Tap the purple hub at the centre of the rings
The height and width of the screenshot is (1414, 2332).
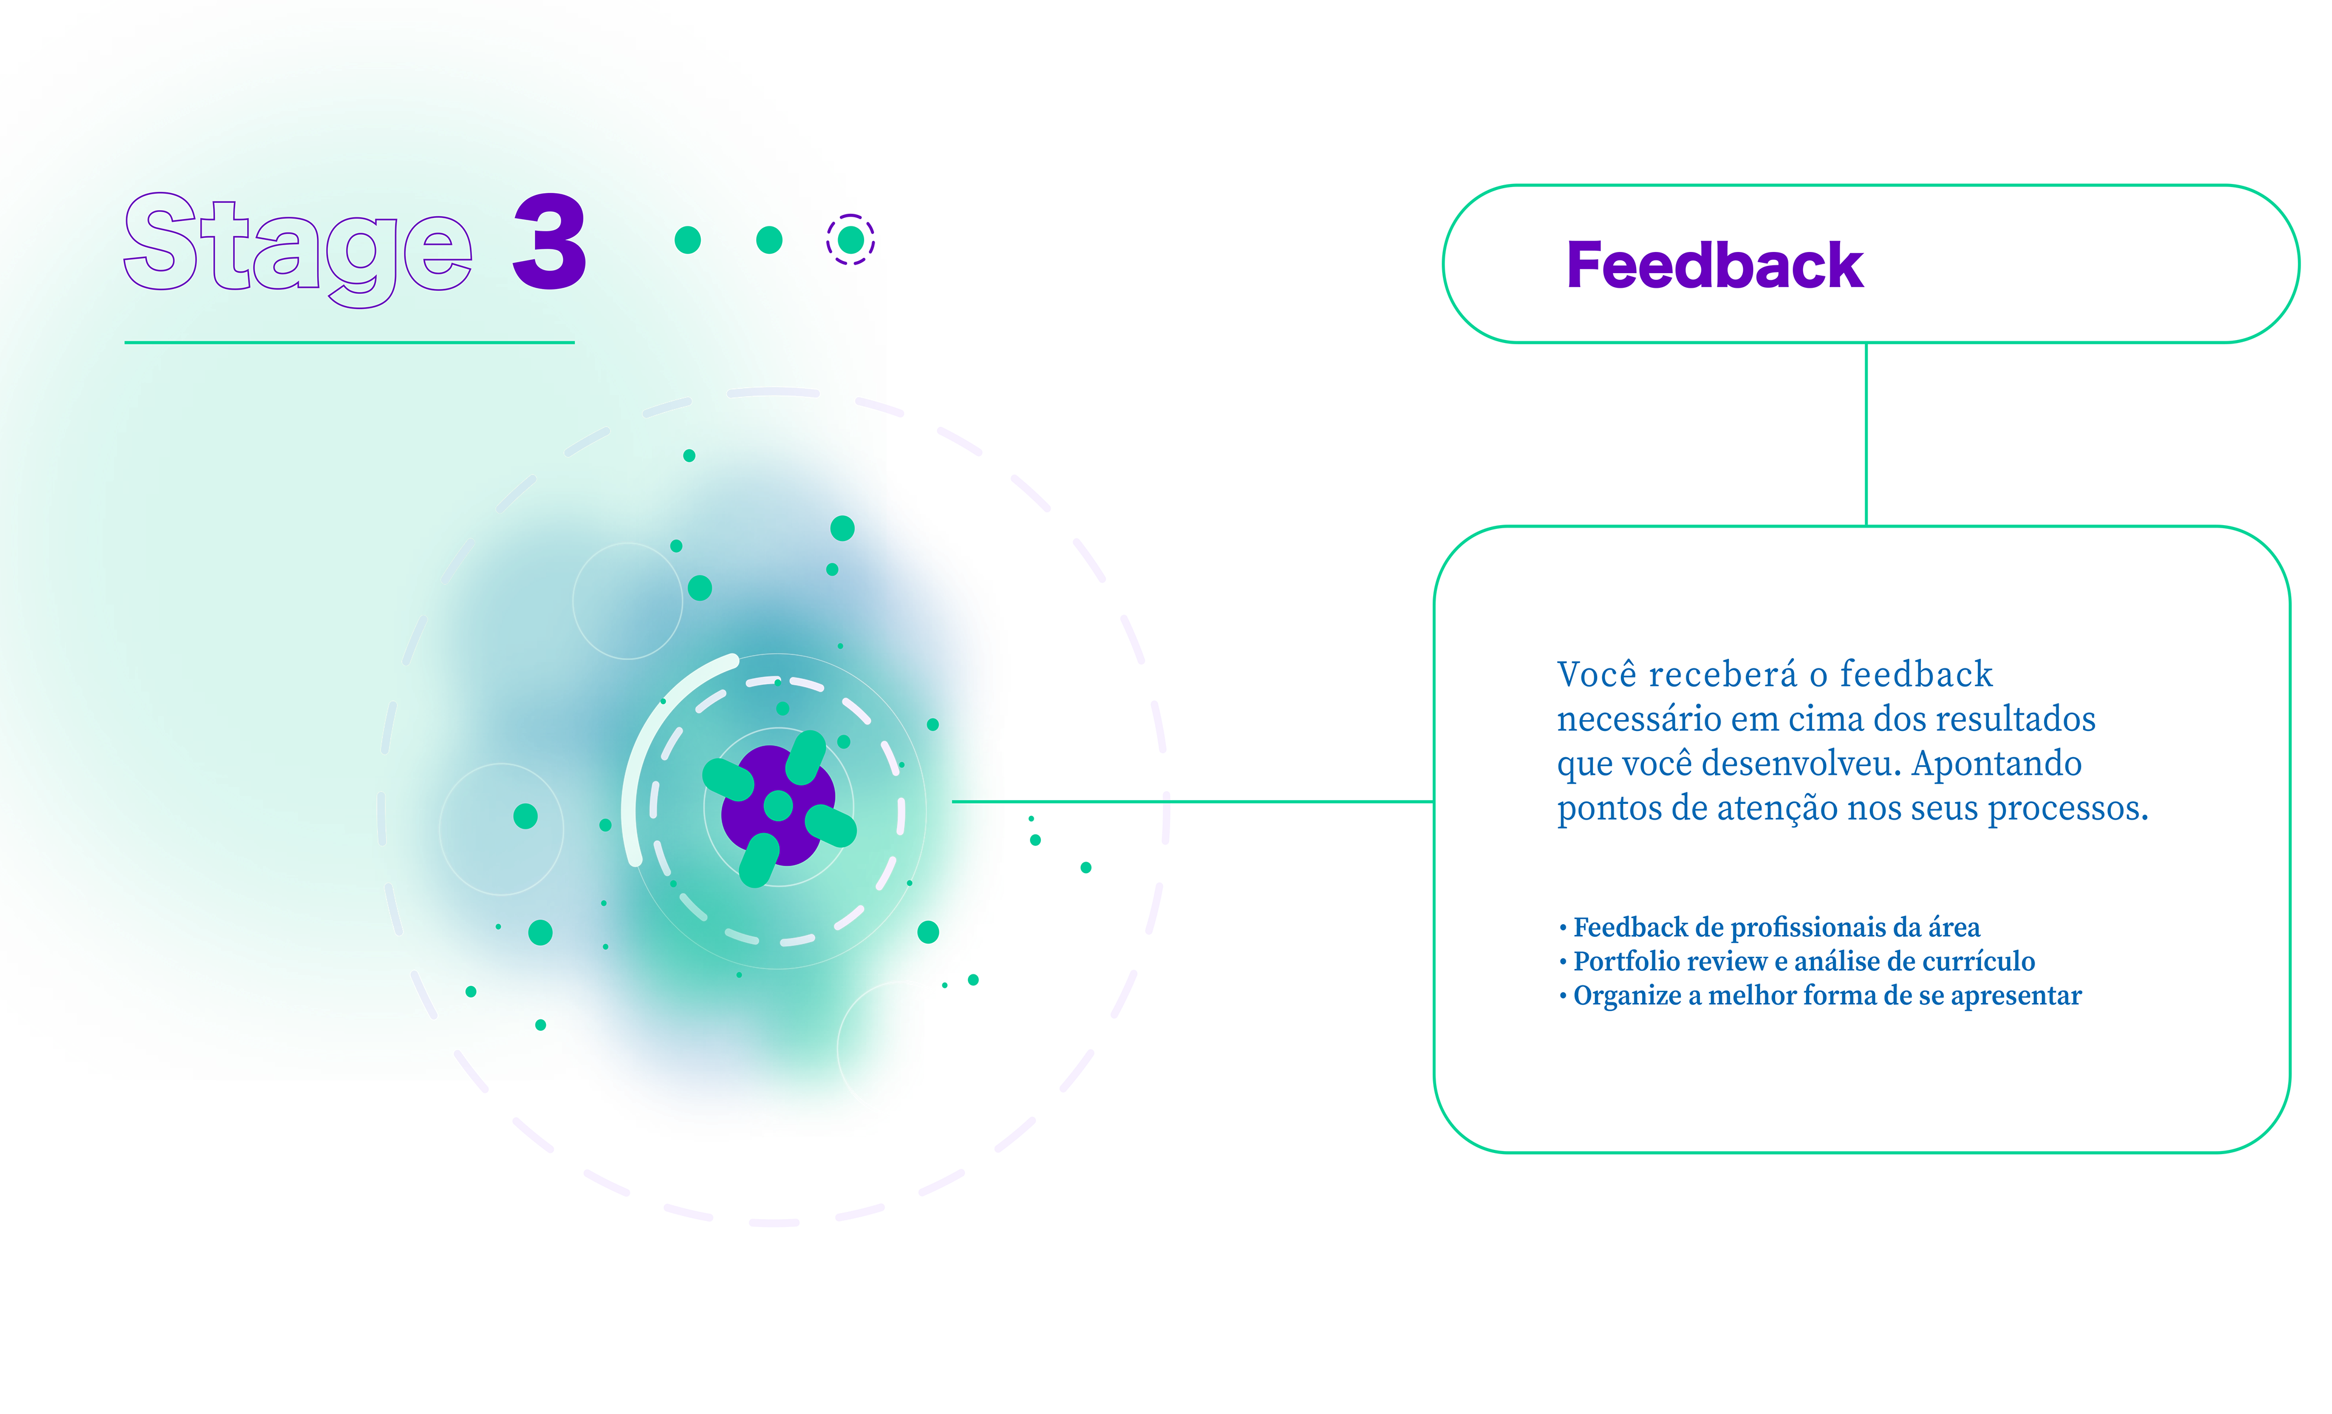(778, 806)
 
